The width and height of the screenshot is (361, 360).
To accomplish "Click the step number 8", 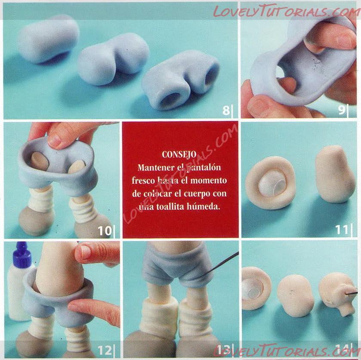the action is coord(226,110).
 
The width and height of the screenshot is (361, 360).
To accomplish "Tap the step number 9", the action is coord(342,110).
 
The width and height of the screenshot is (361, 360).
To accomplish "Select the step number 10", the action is coord(105,231).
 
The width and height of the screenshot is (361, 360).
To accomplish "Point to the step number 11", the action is coord(342,230).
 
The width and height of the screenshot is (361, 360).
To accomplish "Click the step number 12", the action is coord(105,351).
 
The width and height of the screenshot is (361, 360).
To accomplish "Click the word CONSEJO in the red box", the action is coord(179,155).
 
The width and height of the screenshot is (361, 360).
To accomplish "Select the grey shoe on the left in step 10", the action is coord(37,221).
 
